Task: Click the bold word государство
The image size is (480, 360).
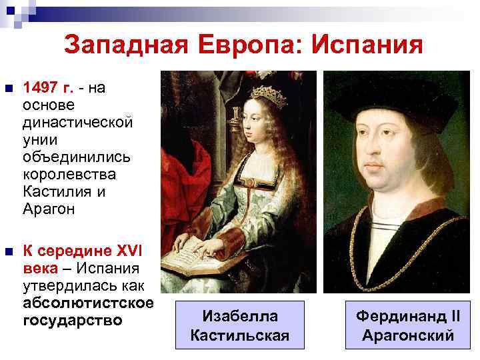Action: (72, 321)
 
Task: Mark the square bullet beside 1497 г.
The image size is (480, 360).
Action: (8, 88)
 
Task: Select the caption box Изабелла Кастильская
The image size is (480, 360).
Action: (239, 325)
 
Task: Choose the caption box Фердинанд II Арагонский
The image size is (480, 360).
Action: (407, 325)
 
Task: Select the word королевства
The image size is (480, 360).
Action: (69, 174)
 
